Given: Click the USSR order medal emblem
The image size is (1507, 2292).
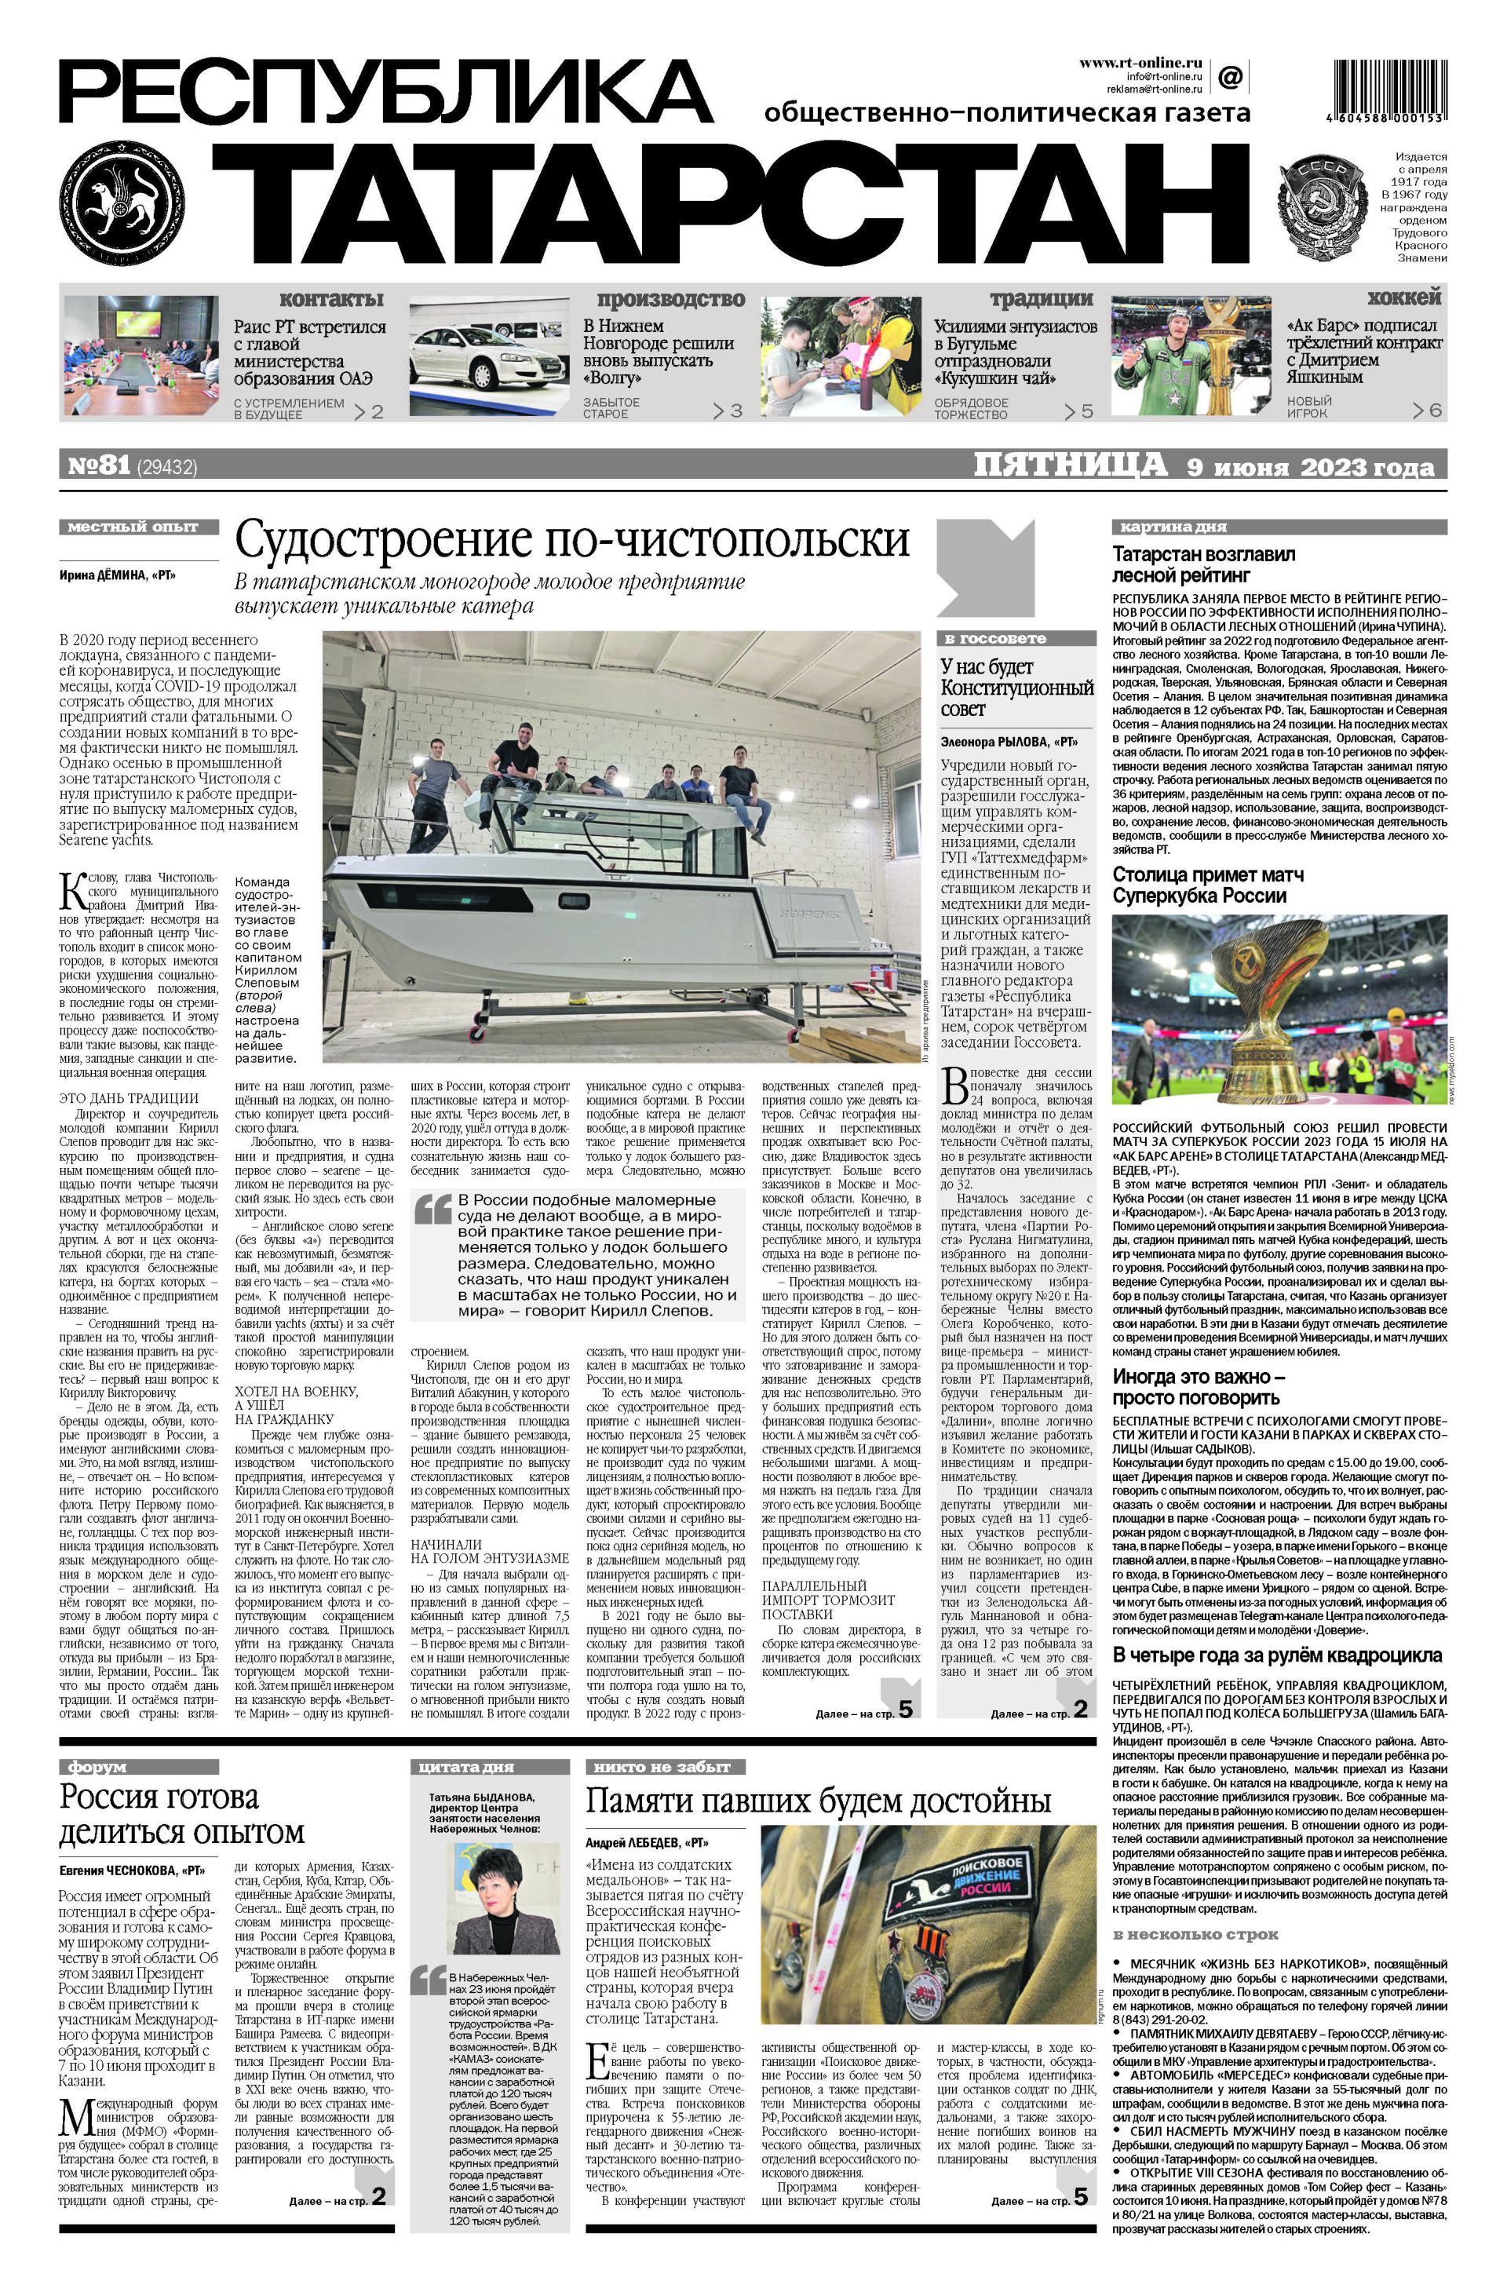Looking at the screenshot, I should (x=1323, y=206).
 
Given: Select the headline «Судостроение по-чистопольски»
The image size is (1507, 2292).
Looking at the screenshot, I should (x=572, y=540).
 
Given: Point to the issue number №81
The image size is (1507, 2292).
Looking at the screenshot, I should (x=97, y=467).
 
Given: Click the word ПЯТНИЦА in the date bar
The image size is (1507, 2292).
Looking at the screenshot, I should (x=1071, y=466).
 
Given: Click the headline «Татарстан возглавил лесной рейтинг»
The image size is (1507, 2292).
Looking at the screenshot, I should (x=1204, y=565).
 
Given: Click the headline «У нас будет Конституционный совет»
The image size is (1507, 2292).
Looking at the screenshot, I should (x=1016, y=688).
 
